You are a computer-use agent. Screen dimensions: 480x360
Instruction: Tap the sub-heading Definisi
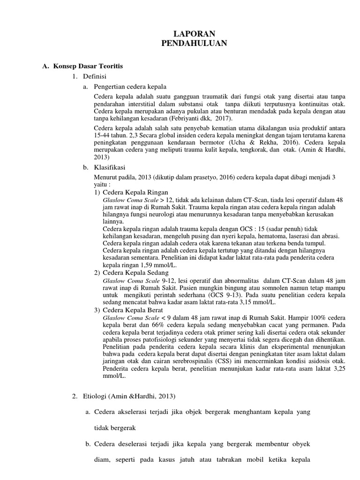point(95,76)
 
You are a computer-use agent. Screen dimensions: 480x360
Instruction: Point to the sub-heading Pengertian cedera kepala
point(130,87)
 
